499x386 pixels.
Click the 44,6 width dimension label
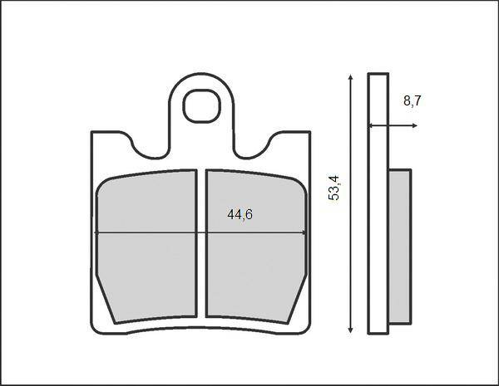point(240,215)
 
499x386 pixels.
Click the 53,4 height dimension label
point(333,188)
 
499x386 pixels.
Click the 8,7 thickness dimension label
point(413,101)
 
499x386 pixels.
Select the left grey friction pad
point(146,247)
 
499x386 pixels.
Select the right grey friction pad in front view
point(256,247)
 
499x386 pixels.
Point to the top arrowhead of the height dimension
point(350,77)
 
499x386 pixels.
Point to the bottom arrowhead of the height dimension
point(350,330)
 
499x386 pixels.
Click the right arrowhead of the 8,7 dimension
point(415,126)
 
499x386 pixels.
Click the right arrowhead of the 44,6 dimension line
point(304,233)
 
